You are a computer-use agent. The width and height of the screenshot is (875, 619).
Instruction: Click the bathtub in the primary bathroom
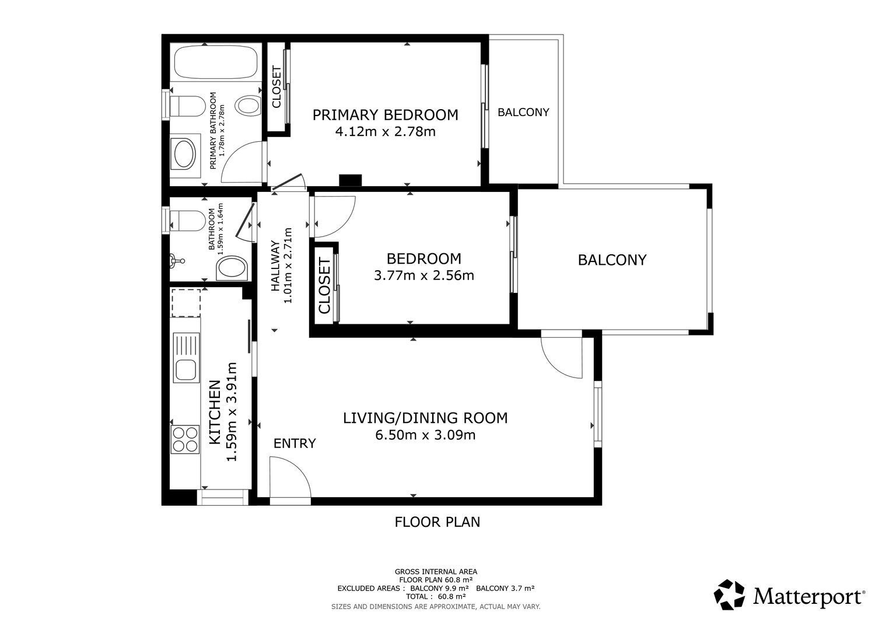point(216,62)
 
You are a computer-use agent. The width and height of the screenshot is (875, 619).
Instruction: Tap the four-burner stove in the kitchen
point(185,439)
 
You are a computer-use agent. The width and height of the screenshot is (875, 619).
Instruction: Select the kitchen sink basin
point(186,369)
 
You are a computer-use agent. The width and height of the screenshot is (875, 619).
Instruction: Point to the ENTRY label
point(295,443)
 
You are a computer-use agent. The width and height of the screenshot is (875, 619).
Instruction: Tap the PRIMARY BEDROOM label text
point(385,115)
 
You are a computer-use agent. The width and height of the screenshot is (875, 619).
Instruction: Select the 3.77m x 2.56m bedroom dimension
point(424,275)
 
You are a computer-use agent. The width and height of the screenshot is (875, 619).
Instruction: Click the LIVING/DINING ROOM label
point(425,418)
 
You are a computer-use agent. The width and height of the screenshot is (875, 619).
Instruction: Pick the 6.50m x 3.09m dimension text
point(425,435)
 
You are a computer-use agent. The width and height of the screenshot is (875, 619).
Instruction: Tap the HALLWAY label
point(276,265)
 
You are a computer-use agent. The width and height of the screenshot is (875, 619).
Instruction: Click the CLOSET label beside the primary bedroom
point(276,87)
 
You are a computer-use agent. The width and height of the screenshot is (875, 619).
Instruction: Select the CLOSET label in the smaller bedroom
point(324,286)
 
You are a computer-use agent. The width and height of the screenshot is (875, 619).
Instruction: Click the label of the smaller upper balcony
point(523,113)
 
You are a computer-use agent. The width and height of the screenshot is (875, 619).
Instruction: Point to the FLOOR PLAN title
point(437,522)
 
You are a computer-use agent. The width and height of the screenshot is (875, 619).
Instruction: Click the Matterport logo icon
point(729,594)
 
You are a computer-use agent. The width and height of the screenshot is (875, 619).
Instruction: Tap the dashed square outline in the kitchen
point(186,303)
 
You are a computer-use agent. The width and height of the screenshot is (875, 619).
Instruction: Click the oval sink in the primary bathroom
point(184,155)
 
